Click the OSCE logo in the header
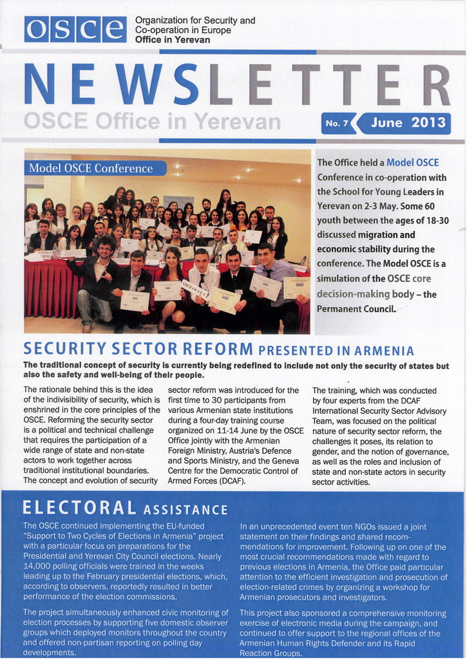[75, 29]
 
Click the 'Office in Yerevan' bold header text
[172, 40]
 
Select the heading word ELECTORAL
[79, 508]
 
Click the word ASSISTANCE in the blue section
[185, 510]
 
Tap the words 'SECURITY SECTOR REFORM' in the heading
[138, 349]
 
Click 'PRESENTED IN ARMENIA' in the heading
[336, 351]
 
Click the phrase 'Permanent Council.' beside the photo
[356, 308]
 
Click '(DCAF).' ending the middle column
[222, 480]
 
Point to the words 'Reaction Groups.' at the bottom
[270, 653]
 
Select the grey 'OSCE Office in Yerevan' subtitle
[151, 121]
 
